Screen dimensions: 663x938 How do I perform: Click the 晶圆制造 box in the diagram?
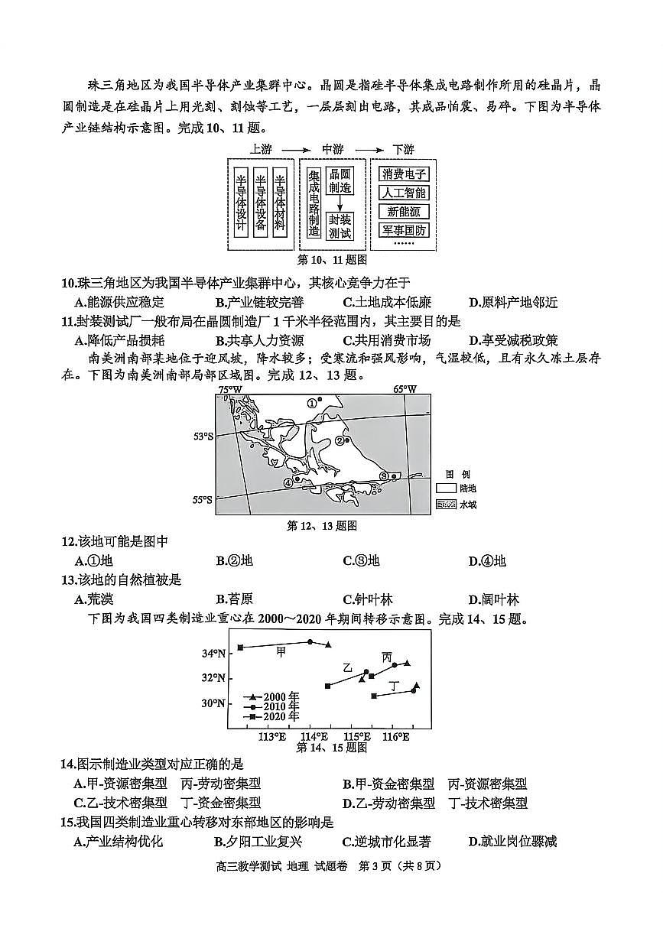tap(340, 180)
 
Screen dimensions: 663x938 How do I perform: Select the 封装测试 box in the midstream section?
tap(340, 226)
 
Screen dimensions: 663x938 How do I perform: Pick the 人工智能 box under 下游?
tap(405, 193)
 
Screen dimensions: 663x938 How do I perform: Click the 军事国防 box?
tap(405, 229)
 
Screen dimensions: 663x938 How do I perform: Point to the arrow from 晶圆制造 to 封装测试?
tap(340, 203)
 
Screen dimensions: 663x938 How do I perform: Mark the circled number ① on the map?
tap(312, 402)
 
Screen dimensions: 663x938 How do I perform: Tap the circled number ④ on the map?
tap(288, 482)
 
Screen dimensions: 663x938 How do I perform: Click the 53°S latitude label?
tap(203, 437)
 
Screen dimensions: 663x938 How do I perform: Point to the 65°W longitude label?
tap(405, 389)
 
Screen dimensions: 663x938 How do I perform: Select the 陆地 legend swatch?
tap(446, 488)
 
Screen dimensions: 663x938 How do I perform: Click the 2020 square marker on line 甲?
tap(240, 647)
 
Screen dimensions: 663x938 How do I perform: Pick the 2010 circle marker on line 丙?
tap(395, 665)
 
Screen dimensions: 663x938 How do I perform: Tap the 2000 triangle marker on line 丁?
tap(417, 685)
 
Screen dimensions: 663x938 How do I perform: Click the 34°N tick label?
tap(213, 653)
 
